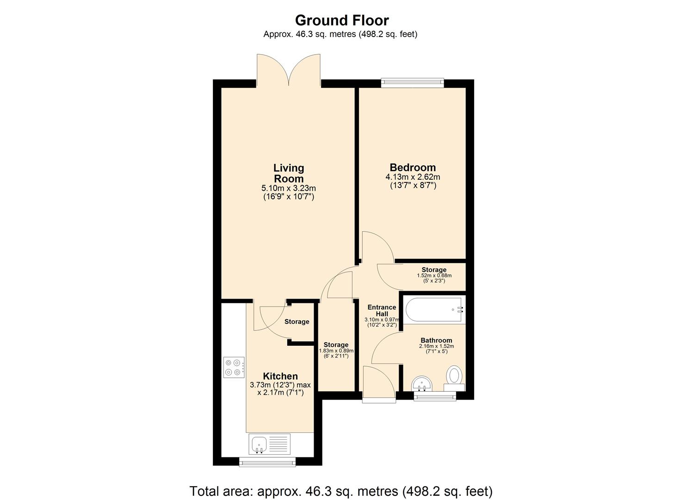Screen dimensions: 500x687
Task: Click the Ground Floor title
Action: click(x=341, y=20)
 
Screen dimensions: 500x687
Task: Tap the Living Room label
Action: click(x=289, y=173)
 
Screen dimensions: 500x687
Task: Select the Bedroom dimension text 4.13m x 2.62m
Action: click(x=412, y=177)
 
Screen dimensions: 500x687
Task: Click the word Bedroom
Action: click(x=412, y=168)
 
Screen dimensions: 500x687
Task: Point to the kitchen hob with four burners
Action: click(x=234, y=367)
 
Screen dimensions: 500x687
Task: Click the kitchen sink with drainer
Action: click(x=269, y=444)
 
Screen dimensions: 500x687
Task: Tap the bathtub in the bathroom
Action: click(x=434, y=309)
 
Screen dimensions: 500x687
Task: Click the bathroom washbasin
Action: click(x=421, y=383)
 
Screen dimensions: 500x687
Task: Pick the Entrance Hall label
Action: click(x=382, y=310)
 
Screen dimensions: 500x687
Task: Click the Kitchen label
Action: click(x=280, y=376)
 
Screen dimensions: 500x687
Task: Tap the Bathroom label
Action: click(x=436, y=340)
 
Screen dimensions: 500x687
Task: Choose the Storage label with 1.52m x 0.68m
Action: click(x=433, y=270)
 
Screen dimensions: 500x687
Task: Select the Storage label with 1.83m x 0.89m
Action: click(x=336, y=345)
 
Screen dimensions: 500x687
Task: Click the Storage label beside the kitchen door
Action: click(x=297, y=322)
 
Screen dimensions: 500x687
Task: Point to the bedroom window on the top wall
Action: click(x=412, y=83)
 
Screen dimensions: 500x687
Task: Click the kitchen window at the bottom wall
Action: click(x=267, y=462)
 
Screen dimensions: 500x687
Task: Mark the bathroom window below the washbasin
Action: click(x=434, y=396)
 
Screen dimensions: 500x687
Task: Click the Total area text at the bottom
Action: click(x=341, y=491)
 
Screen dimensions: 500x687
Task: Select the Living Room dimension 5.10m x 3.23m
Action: click(x=289, y=188)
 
